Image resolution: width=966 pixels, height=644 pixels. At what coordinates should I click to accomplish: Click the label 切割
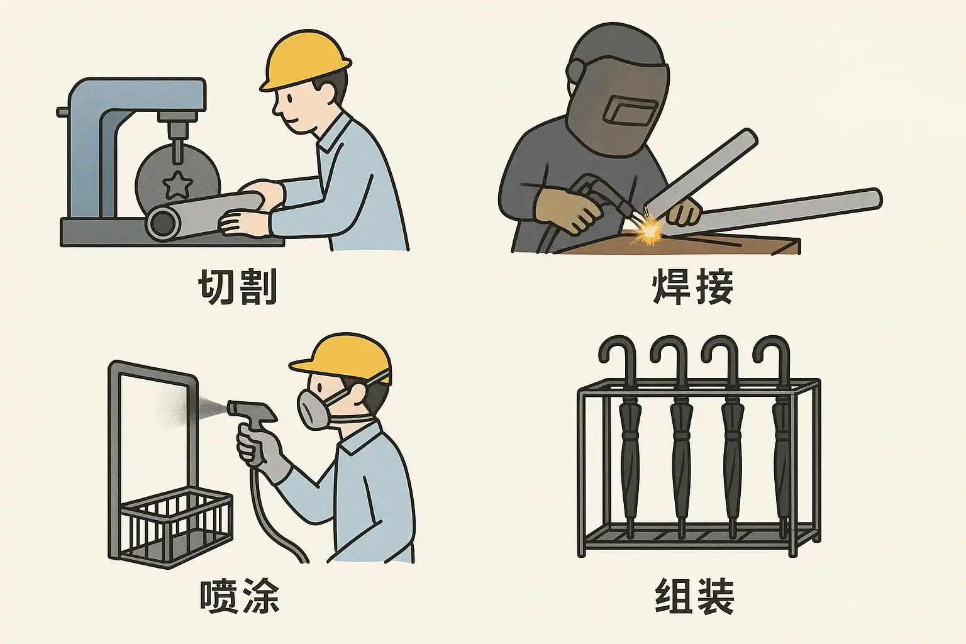[x=238, y=287]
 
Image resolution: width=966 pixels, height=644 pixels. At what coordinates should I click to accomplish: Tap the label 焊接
[x=693, y=287]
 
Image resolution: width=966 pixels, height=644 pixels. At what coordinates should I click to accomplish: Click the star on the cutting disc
[x=177, y=185]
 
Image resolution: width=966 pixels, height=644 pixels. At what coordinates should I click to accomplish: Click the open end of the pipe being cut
[x=163, y=223]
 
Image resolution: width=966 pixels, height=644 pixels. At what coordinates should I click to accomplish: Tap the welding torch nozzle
[x=630, y=211]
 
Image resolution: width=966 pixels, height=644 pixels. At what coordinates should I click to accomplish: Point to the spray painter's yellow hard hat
[x=343, y=358]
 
